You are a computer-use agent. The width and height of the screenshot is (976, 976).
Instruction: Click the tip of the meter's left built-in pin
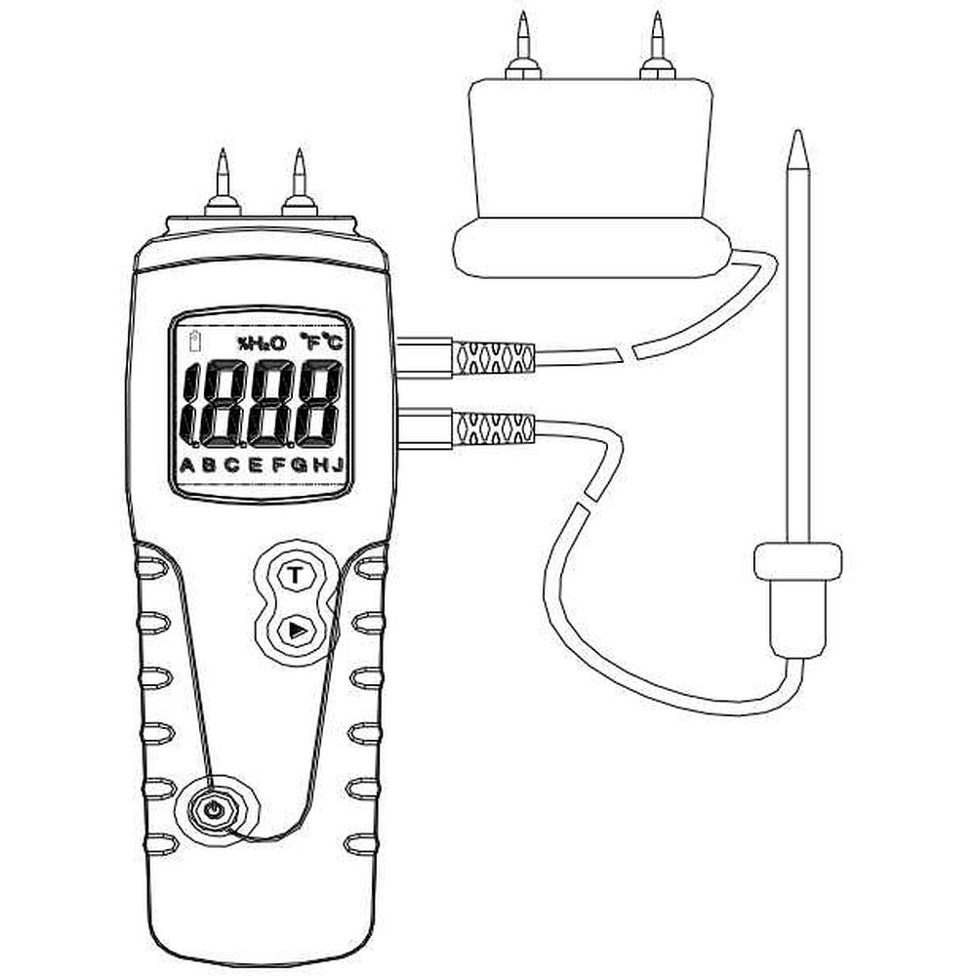point(223,148)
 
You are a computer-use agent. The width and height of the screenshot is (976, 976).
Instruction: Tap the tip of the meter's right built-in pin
point(300,148)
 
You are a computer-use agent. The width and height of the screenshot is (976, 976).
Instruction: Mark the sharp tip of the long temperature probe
point(797,130)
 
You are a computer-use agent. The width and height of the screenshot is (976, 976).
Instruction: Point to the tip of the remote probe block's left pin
point(523,11)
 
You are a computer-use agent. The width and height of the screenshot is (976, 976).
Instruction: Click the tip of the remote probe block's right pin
point(657,11)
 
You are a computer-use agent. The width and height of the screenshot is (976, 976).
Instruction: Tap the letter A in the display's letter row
point(186,465)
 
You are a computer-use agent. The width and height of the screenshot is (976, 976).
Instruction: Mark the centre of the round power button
point(214,810)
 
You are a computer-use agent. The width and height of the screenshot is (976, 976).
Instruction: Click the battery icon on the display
point(195,341)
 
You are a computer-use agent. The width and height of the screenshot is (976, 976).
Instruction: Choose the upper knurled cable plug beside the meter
point(492,357)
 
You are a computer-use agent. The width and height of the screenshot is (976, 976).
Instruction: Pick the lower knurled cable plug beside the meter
point(492,427)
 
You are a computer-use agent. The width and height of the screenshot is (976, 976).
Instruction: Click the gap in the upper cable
point(628,351)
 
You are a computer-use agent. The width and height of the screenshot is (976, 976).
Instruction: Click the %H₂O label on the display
point(262,343)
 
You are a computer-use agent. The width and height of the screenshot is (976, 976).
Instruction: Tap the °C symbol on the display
point(333,342)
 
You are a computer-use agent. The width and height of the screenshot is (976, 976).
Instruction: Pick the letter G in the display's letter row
point(299,465)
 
